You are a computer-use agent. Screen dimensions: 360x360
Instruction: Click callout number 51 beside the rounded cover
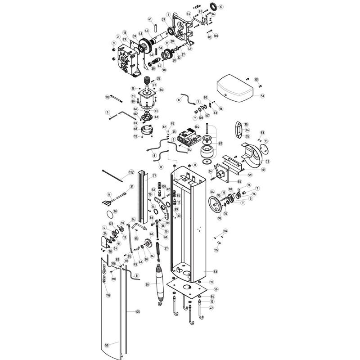point(263,95)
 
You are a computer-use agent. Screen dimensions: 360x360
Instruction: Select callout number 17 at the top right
point(220,7)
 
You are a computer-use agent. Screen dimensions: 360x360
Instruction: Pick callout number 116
point(108,295)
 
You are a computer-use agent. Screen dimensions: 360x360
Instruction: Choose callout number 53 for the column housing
point(215,271)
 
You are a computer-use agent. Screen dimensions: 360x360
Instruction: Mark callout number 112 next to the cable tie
point(131,172)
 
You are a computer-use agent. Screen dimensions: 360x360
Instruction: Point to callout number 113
point(108,97)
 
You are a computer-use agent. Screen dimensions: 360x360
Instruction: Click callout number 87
point(220,144)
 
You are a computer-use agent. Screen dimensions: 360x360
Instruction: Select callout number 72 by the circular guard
point(267,161)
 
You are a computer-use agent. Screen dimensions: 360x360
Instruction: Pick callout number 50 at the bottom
point(107,345)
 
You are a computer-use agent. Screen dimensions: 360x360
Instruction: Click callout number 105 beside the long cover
point(138,311)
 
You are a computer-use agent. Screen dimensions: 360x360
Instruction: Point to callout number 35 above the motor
point(158,79)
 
